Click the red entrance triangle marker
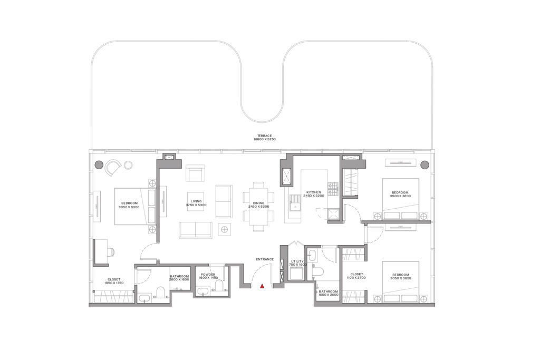click(x=262, y=286)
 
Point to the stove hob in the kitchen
click(x=333, y=188)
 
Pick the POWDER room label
click(x=208, y=275)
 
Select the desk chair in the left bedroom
click(x=111, y=252)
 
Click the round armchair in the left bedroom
click(x=113, y=168)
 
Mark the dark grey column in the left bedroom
click(x=99, y=165)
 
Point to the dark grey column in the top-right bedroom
click(x=425, y=164)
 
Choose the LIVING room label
click(x=196, y=201)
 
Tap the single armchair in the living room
click(x=195, y=174)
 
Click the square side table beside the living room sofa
click(x=224, y=229)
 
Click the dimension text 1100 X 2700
click(x=357, y=278)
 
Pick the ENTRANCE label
click(x=265, y=259)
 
